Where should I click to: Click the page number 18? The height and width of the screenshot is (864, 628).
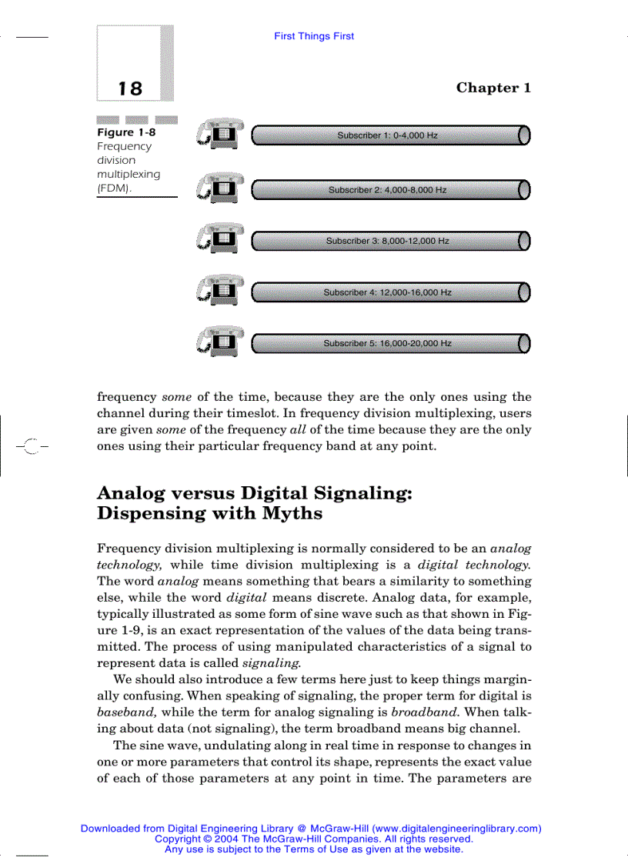(130, 88)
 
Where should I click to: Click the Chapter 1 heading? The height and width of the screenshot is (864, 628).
(493, 88)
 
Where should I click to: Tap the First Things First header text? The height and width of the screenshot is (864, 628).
(314, 36)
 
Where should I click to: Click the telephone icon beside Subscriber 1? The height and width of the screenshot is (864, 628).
(220, 134)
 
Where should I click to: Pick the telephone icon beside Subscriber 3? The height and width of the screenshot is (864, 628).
(220, 239)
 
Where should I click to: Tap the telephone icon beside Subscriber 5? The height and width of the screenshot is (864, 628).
(220, 342)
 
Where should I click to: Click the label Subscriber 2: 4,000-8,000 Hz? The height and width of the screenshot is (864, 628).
(387, 189)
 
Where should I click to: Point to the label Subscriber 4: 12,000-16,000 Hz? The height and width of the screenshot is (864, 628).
(387, 292)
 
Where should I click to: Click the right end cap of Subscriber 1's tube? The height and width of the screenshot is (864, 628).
(524, 135)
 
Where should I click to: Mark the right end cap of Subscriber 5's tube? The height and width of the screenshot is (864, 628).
(524, 343)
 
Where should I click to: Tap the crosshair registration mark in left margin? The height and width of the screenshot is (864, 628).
(32, 445)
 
